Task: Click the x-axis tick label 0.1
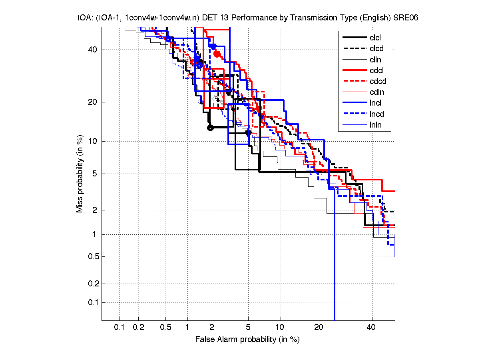120,328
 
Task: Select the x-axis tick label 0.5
165,328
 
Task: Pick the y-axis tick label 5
94,174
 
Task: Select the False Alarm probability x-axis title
247,339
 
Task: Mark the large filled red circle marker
217,54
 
